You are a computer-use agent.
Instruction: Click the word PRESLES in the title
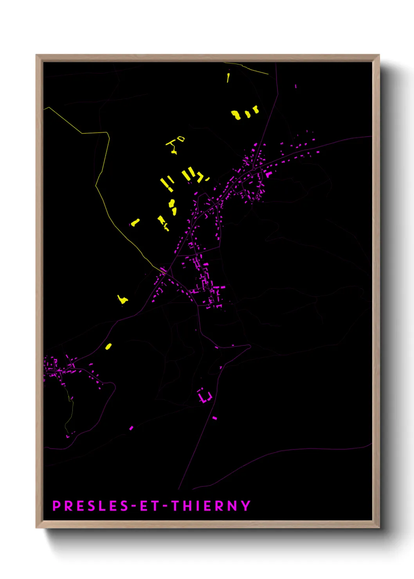tap(91, 506)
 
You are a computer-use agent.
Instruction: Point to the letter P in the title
tap(57, 506)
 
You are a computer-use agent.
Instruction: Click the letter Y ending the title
tap(246, 506)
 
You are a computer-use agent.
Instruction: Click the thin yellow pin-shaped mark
tap(228, 77)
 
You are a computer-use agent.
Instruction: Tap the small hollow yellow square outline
tap(180, 138)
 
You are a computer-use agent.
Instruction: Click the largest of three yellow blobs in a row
tap(236, 115)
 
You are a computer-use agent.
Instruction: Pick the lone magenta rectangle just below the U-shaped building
tap(214, 418)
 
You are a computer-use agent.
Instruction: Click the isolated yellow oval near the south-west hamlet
tap(108, 346)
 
